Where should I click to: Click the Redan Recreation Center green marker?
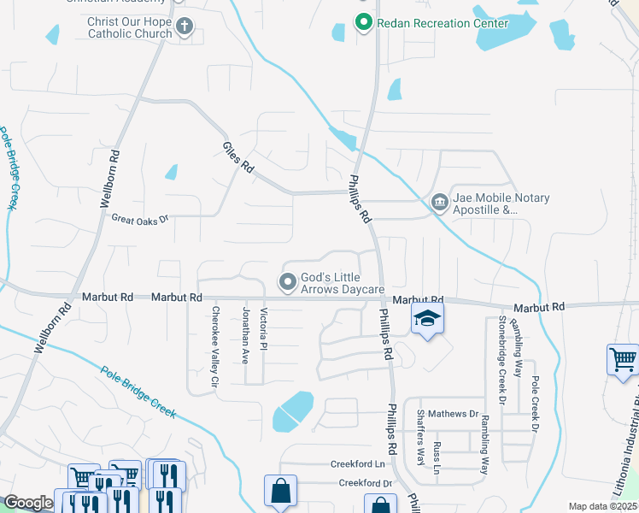[x=363, y=23]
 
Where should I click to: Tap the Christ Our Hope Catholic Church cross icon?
[x=184, y=27]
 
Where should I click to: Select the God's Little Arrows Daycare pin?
[x=288, y=280]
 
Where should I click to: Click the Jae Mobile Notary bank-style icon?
[x=439, y=203]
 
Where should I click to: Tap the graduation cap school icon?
[x=427, y=321]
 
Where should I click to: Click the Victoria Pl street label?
[x=264, y=329]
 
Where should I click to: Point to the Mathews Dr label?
[x=454, y=414]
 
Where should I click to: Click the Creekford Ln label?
[x=359, y=464]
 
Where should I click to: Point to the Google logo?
[x=28, y=503]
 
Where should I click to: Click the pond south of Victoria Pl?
[x=291, y=412]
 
